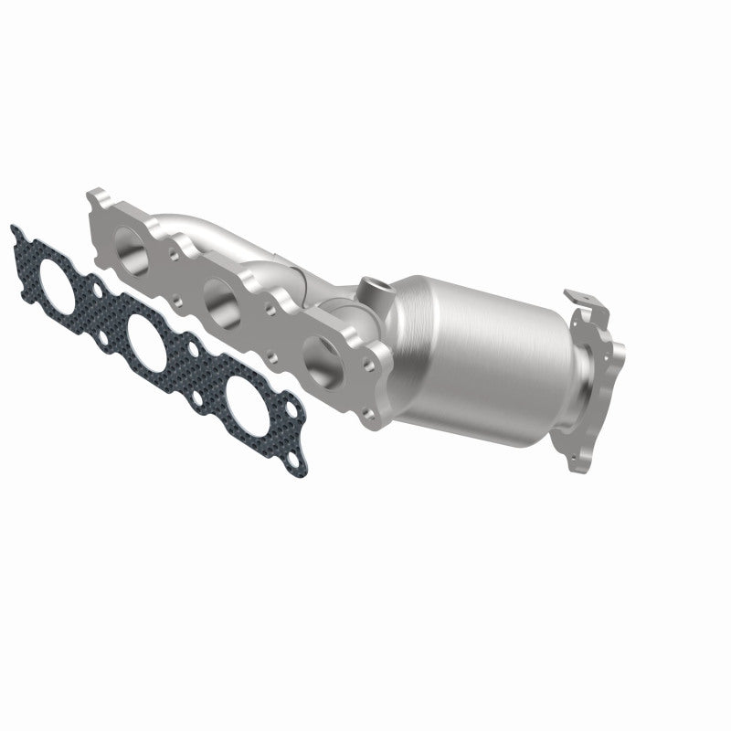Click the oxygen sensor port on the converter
click(374, 286)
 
